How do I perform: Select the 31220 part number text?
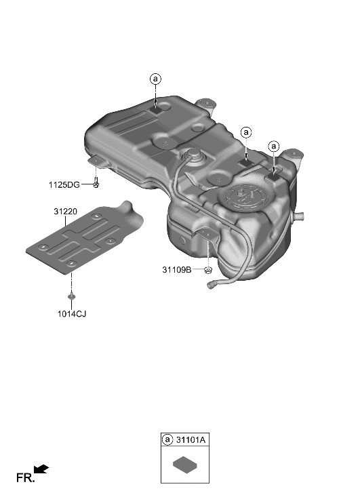coord(66,212)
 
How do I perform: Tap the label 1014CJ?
coord(71,314)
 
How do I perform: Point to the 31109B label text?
coord(178,270)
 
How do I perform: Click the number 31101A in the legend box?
coord(191,440)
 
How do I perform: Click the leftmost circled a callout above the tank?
coord(156,79)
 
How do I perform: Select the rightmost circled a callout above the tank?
coord(274,146)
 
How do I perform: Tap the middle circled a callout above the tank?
coord(246,132)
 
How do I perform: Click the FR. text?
coord(25,478)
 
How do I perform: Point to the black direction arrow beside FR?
coord(41,469)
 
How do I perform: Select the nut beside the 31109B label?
coord(209,271)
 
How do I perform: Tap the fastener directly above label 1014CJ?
coord(71,296)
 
